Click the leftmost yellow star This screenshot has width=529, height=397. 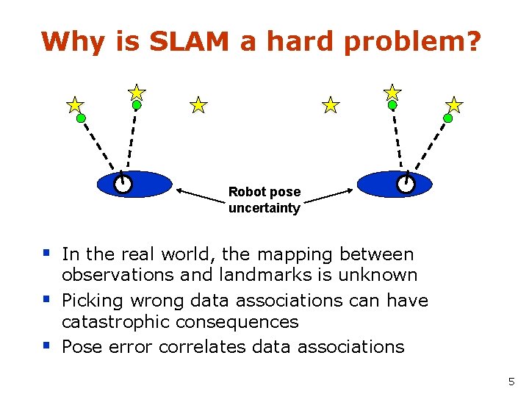click(75, 105)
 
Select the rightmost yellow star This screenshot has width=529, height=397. click(455, 104)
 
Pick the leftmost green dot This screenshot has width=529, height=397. click(81, 118)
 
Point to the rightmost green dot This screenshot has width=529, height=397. click(447, 118)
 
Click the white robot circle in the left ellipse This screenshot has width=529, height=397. click(123, 184)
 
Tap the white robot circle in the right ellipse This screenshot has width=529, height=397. click(405, 184)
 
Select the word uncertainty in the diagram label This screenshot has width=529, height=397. click(264, 208)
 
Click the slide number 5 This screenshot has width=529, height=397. click(511, 382)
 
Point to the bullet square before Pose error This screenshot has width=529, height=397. click(46, 345)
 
